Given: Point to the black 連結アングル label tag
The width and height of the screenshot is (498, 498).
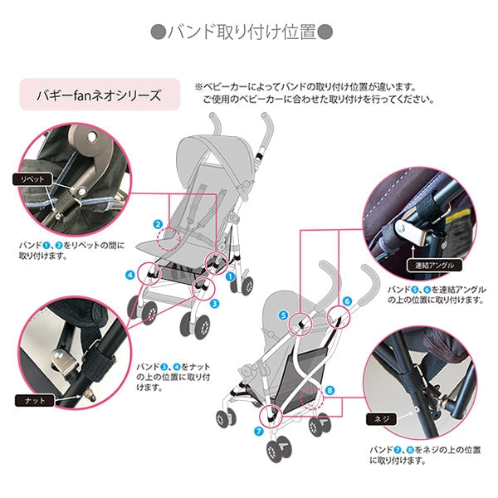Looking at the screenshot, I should click(x=431, y=267).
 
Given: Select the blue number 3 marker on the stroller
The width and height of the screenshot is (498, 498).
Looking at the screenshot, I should click(x=213, y=304).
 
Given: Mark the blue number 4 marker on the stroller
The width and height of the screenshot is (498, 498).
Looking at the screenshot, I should click(x=130, y=274).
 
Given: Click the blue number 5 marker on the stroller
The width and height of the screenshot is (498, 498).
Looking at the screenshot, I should click(x=283, y=315).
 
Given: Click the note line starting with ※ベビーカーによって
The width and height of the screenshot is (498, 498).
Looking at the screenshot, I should click(x=305, y=85).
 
